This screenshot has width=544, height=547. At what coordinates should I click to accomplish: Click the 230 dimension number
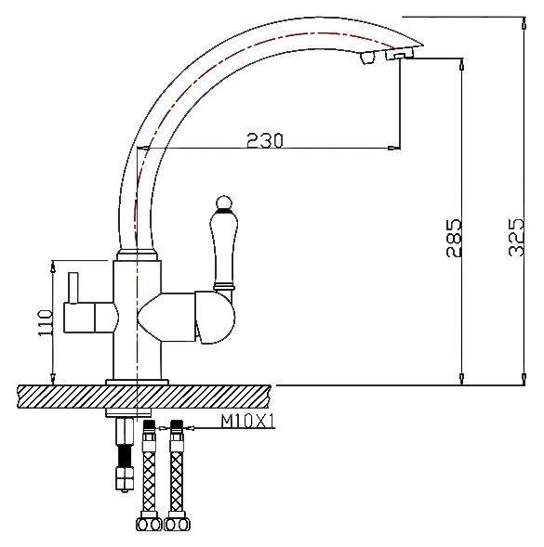click(265, 140)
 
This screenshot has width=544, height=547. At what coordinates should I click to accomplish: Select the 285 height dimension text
click(454, 239)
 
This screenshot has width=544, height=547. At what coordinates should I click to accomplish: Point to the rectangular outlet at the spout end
click(397, 57)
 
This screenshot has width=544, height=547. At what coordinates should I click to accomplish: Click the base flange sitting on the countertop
click(138, 381)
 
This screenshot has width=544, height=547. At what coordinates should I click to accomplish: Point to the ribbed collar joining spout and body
click(137, 254)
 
